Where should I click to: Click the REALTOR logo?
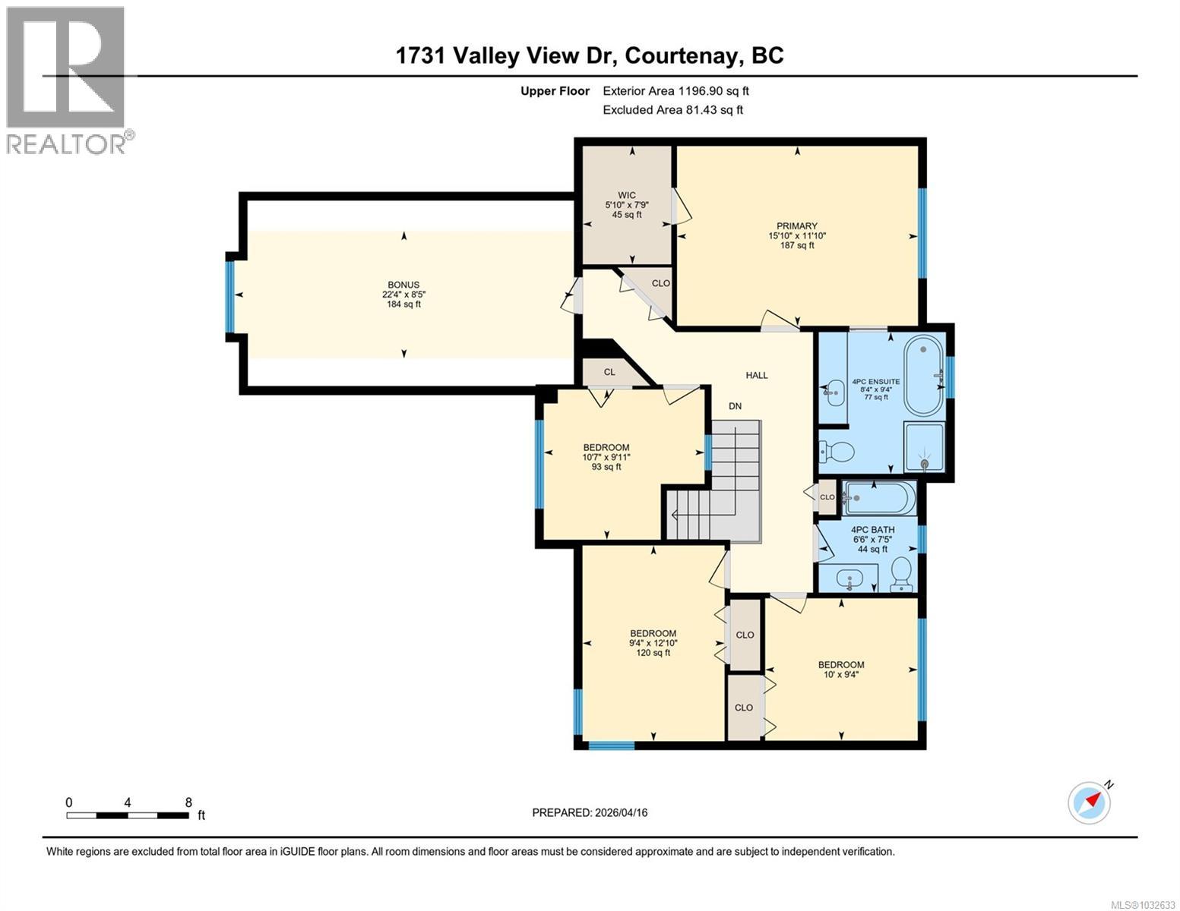click(67, 80)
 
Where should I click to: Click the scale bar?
click(128, 815)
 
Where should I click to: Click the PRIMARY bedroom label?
click(796, 226)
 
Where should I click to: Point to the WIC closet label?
click(626, 195)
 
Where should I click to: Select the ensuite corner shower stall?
click(924, 449)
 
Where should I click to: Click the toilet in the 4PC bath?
click(901, 574)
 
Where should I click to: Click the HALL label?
click(756, 375)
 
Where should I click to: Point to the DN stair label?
click(735, 406)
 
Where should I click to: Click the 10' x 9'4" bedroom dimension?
click(840, 675)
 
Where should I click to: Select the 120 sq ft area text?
click(653, 653)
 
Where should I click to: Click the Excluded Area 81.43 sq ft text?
click(672, 110)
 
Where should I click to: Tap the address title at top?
click(590, 55)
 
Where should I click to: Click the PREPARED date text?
click(590, 812)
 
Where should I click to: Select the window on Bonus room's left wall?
click(230, 297)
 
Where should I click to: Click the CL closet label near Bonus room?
click(609, 372)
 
